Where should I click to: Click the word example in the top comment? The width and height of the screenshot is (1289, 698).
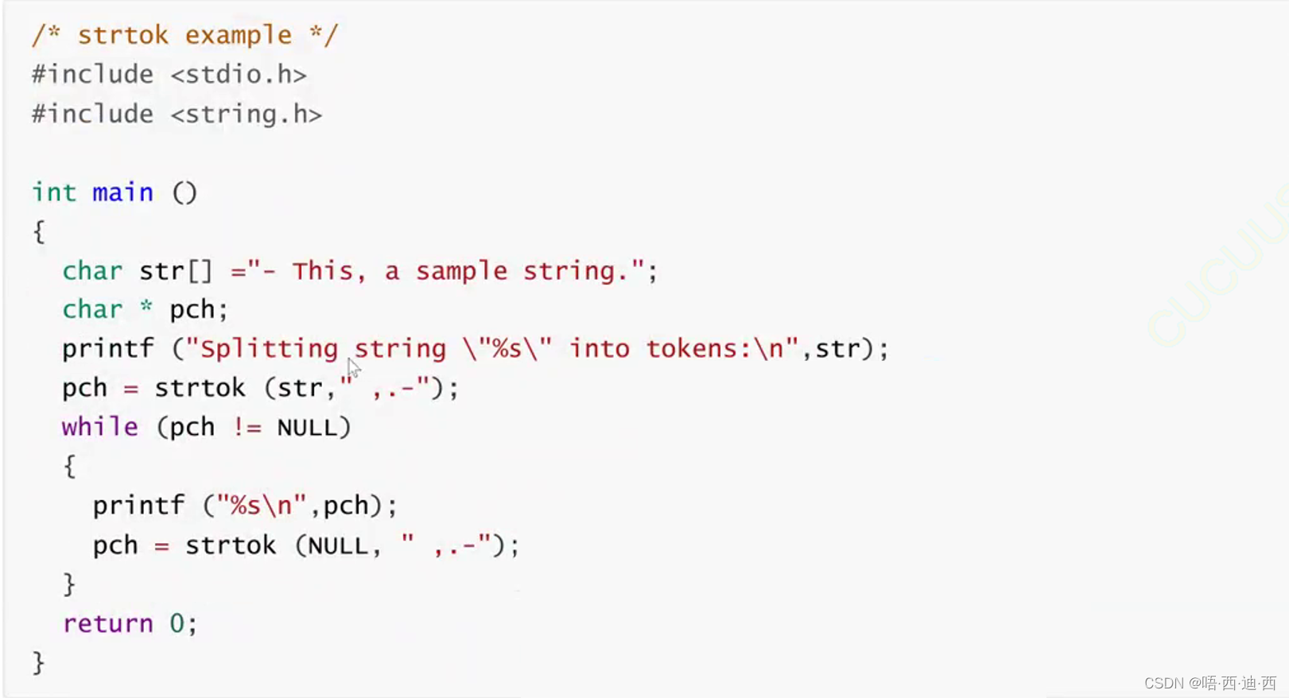point(239,36)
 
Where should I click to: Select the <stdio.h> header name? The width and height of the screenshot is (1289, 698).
point(239,75)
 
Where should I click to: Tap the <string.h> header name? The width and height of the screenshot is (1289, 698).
point(247,114)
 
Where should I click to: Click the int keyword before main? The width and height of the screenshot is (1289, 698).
point(53,192)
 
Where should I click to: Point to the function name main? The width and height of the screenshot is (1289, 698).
point(122,192)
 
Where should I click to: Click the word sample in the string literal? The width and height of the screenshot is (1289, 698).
point(461,271)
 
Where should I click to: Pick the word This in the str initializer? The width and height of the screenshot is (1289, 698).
point(322,271)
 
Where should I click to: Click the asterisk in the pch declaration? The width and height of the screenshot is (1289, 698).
point(146,307)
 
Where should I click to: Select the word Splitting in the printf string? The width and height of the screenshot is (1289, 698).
point(269,349)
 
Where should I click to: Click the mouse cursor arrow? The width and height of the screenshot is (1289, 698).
point(353,367)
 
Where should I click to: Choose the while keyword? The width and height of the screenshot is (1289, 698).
point(99,427)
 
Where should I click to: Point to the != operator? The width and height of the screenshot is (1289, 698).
point(247,428)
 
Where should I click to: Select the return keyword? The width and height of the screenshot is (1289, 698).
point(107,623)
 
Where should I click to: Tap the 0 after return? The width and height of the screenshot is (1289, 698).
point(177,623)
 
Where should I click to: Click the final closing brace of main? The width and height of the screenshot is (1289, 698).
point(38,662)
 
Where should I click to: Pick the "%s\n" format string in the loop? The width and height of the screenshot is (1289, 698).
point(262,506)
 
